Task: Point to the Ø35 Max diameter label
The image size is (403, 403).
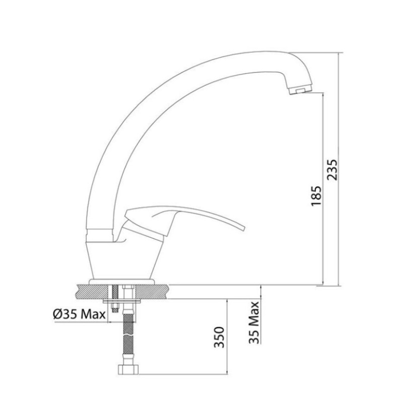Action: (78, 314)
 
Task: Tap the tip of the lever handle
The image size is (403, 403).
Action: (242, 229)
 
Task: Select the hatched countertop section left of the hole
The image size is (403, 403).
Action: (93, 291)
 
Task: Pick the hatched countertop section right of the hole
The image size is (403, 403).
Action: (151, 291)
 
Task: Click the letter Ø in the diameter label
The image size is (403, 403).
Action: (56, 314)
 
